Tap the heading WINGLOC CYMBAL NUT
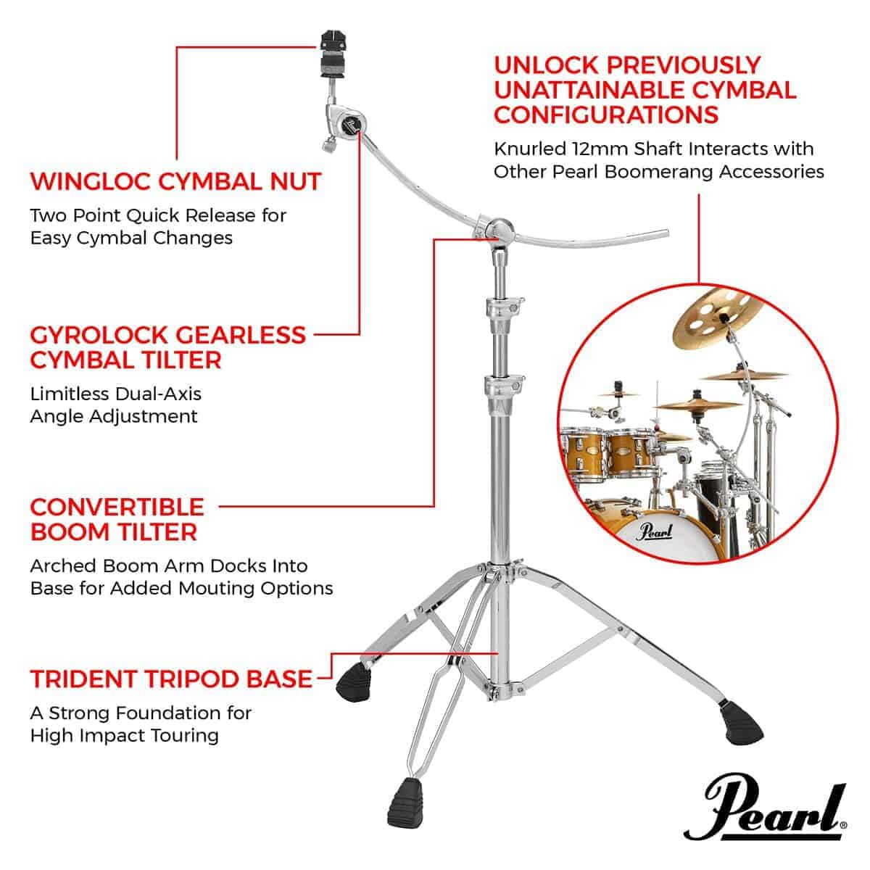pos(175,181)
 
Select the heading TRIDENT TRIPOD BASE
pos(171,679)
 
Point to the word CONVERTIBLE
pos(117,507)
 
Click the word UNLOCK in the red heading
pos(546,65)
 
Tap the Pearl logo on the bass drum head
pos(655,531)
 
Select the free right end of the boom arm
pos(666,233)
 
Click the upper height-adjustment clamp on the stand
pos(505,307)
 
